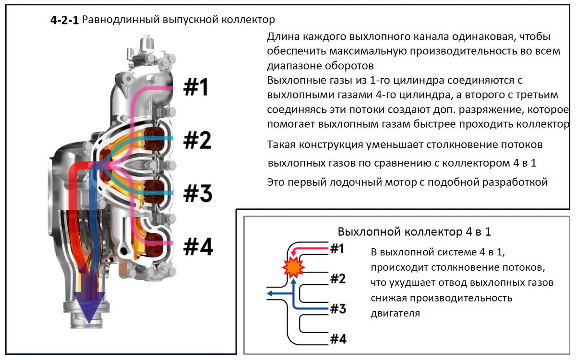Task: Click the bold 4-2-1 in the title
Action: (65, 20)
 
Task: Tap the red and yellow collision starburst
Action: (294, 267)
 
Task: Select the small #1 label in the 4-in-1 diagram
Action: (337, 249)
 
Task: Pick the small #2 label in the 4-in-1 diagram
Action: (338, 278)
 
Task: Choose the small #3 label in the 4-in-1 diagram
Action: (338, 309)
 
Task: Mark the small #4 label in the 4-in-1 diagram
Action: (338, 338)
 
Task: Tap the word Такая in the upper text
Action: (282, 144)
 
